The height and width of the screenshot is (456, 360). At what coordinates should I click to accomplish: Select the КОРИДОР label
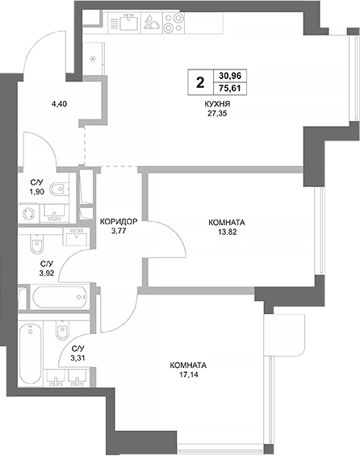pyautogui.click(x=119, y=221)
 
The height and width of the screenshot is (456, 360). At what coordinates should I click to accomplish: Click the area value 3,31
pyautogui.click(x=77, y=358)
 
